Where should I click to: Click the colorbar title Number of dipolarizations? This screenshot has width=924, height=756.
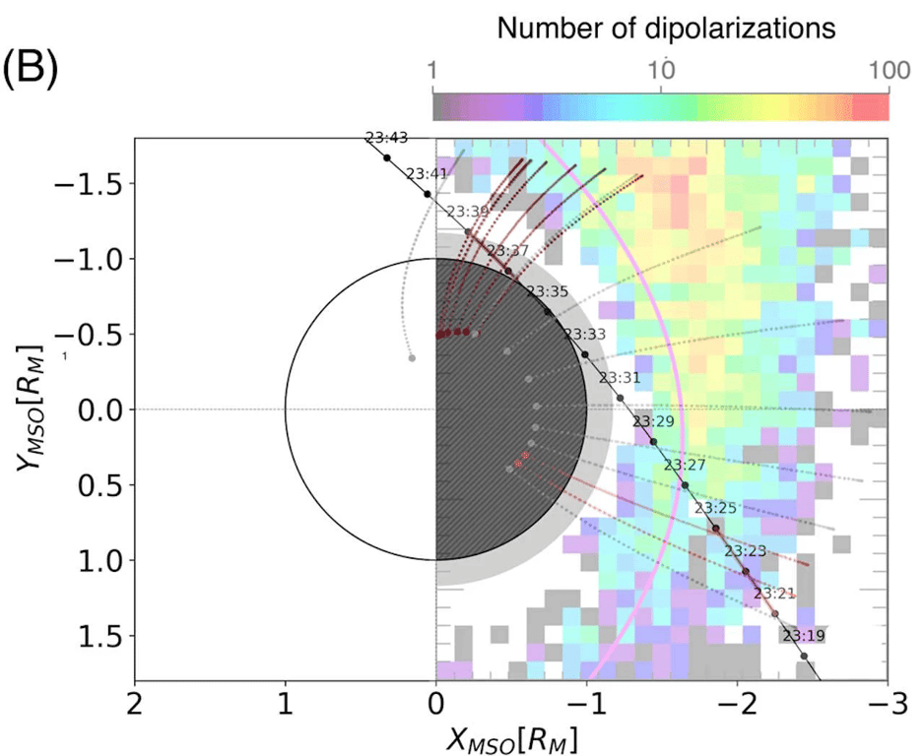[x=667, y=30]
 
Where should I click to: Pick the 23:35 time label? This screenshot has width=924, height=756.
[x=547, y=291]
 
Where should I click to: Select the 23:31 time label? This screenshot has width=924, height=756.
[x=620, y=378]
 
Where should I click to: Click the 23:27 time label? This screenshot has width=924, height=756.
[x=684, y=465]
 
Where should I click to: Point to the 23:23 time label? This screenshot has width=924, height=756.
[x=746, y=551]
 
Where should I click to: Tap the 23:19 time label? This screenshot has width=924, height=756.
[x=803, y=636]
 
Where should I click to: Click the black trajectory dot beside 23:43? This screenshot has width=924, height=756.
[x=387, y=158]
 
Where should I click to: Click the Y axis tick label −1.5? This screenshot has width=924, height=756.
[x=90, y=183]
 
